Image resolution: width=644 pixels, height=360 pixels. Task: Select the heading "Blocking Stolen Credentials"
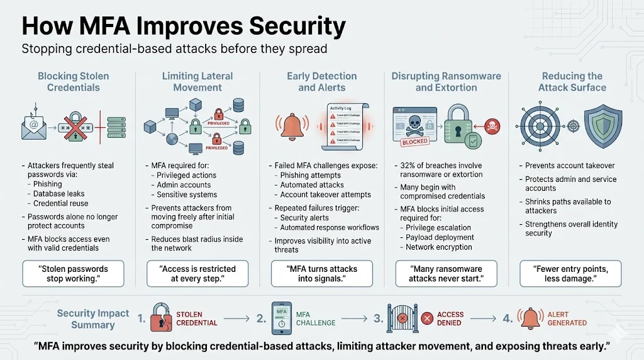[x=73, y=82]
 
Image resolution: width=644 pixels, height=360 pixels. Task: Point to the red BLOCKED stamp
[x=414, y=142]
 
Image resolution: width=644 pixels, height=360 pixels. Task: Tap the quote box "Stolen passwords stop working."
[x=73, y=274]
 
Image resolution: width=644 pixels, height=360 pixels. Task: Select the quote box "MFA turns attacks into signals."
[x=322, y=274]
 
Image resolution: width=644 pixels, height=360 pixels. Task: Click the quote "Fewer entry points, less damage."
[x=571, y=274]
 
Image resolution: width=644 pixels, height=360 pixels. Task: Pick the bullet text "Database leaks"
[x=59, y=194]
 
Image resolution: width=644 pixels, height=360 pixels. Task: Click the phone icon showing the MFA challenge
[x=282, y=318]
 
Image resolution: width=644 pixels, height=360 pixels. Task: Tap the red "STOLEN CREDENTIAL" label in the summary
[x=197, y=318]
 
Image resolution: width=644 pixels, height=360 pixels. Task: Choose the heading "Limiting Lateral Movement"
[x=197, y=82]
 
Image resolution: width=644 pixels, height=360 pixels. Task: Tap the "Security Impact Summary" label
[x=92, y=319]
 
